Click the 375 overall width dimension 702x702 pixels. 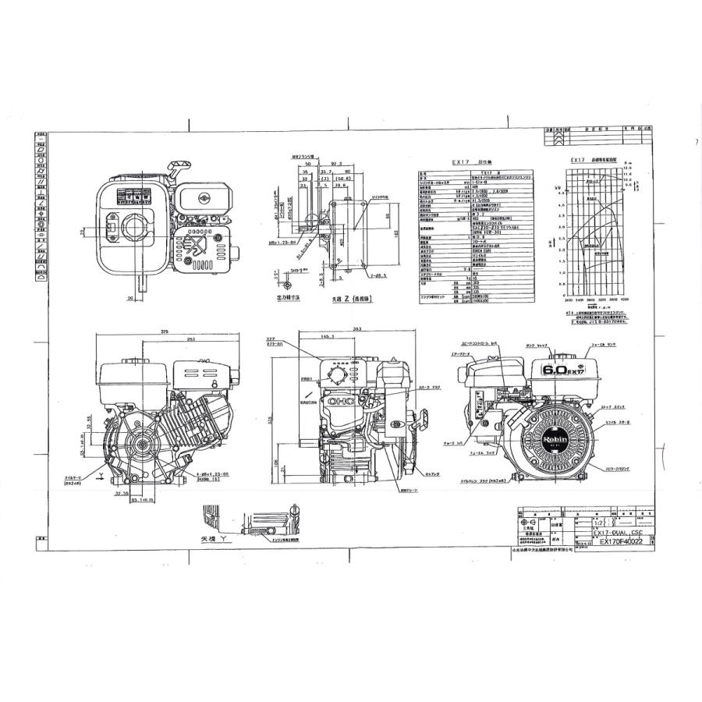tap(165, 331)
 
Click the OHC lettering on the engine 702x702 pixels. tap(341, 401)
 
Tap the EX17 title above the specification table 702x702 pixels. tap(463, 163)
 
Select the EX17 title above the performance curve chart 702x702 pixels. tap(578, 159)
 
